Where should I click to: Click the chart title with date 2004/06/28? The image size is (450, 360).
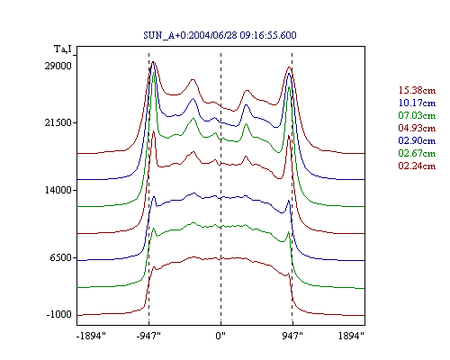pos(220,35)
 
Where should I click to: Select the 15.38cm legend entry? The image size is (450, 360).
pos(417,90)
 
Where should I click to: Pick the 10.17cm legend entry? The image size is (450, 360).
pos(417,103)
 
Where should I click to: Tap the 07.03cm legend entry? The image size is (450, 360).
pos(417,115)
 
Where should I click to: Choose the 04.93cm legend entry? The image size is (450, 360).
pos(417,128)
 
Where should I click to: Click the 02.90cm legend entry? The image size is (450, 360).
pos(417,140)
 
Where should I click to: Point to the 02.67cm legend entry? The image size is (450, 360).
pos(417,153)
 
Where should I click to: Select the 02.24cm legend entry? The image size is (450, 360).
pos(417,166)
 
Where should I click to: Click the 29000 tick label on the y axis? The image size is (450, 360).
pos(58,66)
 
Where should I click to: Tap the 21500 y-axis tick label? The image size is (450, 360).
pos(58,122)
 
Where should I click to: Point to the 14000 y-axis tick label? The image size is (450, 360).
pos(58,190)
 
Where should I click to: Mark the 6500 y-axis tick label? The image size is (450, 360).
pos(61,257)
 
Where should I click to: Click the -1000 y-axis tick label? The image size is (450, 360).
pos(59,314)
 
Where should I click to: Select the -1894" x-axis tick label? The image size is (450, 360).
pos(92,336)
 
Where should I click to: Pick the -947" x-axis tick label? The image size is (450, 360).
pos(148,336)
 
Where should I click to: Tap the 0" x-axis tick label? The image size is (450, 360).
pos(220,336)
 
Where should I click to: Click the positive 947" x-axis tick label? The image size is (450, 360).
pos(292,336)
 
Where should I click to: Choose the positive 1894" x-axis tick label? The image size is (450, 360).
pos(351,336)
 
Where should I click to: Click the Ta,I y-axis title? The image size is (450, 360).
pos(63,49)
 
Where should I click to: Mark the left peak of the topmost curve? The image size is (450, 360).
pos(154,62)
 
